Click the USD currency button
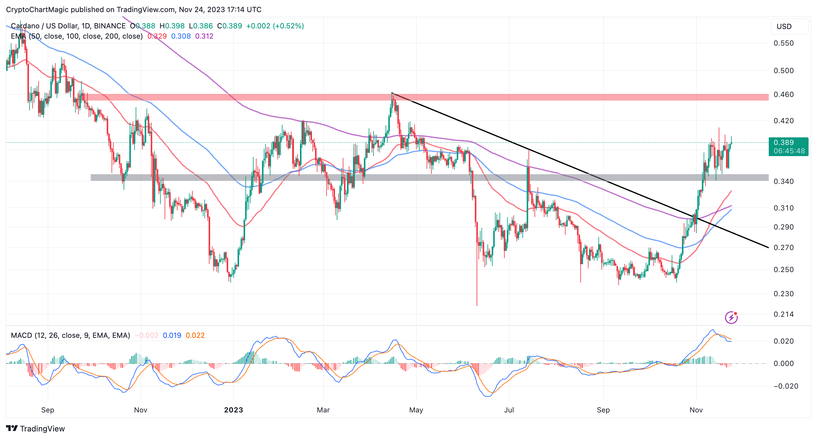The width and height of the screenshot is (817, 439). pos(789,26)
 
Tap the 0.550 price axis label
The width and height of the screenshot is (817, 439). pos(783,43)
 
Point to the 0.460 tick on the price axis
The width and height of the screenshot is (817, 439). pos(783,94)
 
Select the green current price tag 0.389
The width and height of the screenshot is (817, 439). pos(788,143)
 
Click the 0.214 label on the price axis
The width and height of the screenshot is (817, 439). pos(783,314)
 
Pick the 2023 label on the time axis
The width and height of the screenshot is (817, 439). pos(233,410)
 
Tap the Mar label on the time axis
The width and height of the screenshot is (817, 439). pos(323,410)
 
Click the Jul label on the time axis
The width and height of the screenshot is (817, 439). pos(509,410)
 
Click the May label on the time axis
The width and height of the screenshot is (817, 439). pos(416,410)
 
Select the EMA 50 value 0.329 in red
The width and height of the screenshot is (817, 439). pos(157,36)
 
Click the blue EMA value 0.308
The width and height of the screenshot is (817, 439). pos(181,36)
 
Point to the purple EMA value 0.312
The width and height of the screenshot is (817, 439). pos(204,36)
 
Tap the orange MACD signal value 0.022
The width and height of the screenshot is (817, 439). pos(195,335)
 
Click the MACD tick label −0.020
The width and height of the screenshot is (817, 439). pos(783,386)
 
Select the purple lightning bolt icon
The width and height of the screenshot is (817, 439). pos(731,317)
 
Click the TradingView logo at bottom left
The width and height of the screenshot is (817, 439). pos(36,428)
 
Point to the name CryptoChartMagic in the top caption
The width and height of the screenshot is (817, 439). pos(37,10)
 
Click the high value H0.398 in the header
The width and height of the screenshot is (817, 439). pos(172,26)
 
